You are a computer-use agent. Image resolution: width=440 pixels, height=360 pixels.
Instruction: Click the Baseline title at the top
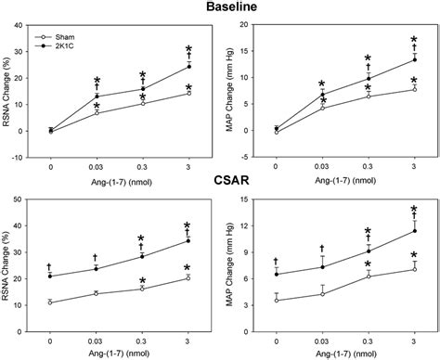point(220,8)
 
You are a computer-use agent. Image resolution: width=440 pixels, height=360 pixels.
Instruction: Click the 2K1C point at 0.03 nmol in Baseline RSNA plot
point(97,96)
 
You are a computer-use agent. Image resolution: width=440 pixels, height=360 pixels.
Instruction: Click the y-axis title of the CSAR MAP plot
point(235,270)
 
